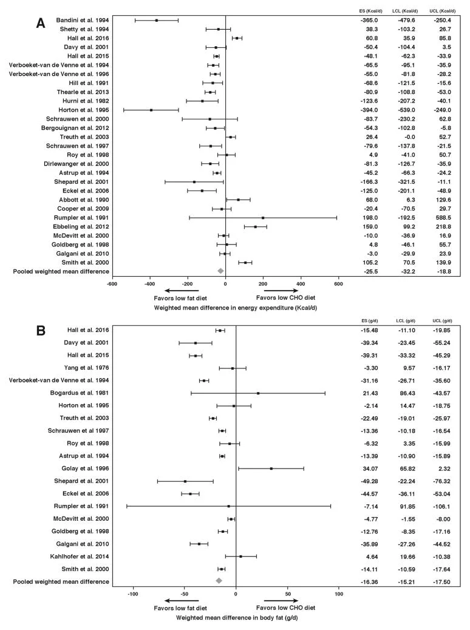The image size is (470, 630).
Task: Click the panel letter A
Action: pos(41,23)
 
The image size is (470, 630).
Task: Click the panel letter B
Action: pos(41,331)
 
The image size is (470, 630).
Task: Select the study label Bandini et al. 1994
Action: pos(83,20)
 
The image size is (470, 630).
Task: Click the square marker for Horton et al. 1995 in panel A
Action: pos(151,110)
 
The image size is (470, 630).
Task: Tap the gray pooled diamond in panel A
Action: pos(220,271)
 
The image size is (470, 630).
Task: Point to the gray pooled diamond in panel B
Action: pos(219,581)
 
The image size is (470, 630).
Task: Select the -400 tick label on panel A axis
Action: pos(150,284)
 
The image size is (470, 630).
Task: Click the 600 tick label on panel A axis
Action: pos(338,284)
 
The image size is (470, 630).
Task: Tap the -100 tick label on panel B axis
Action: pos(132,594)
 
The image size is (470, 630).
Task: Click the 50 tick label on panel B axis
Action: pos(288,594)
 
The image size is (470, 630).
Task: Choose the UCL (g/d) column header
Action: pos(442,320)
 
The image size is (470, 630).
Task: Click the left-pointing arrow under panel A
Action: pos(182,291)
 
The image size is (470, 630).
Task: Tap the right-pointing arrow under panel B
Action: pos(281,600)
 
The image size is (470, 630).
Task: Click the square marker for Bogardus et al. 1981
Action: pos(257,393)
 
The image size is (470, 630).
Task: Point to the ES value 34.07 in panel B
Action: pos(370,469)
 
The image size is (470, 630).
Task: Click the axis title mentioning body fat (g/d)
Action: pos(237,617)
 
